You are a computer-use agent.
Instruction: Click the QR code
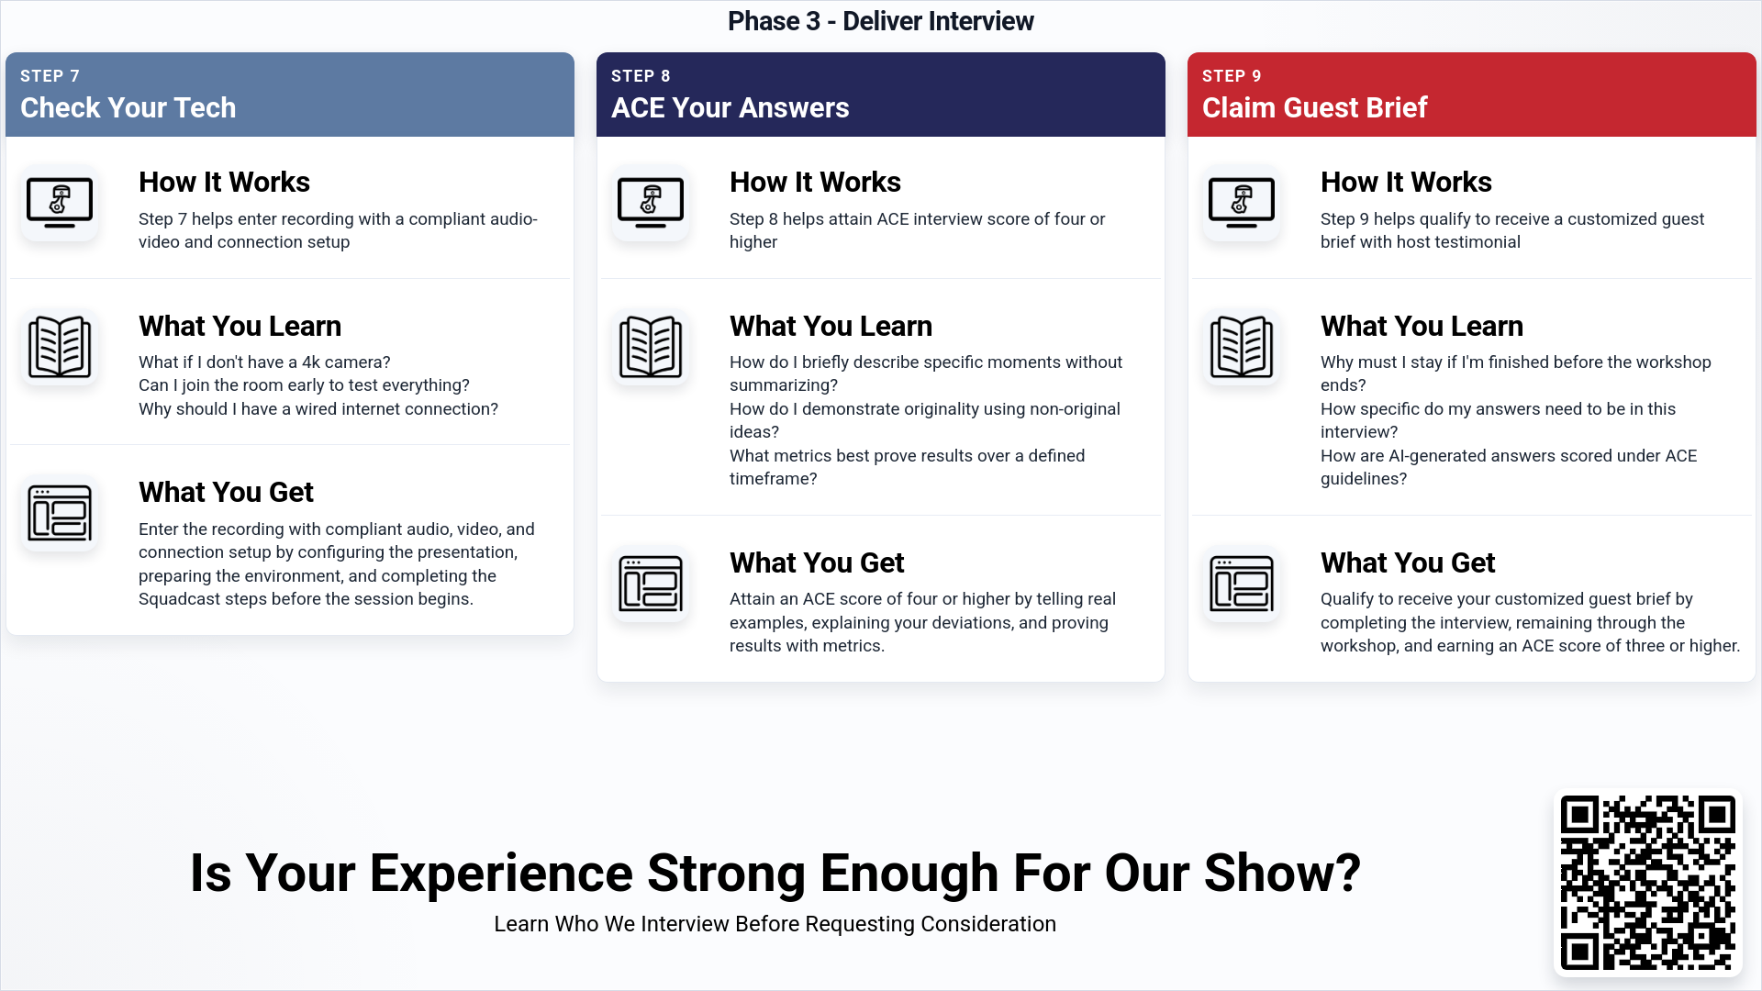(x=1648, y=883)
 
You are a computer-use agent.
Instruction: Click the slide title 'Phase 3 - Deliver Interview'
(x=881, y=21)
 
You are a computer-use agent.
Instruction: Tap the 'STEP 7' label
(x=50, y=76)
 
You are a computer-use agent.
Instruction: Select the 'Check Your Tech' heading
(x=128, y=107)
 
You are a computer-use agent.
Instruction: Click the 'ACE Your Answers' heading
(x=730, y=107)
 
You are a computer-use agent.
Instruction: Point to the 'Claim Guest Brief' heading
(x=1314, y=107)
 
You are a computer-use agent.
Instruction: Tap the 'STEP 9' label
(x=1232, y=76)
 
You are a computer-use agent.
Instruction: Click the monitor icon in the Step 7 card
(x=60, y=203)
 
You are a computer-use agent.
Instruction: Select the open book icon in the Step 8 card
(x=651, y=347)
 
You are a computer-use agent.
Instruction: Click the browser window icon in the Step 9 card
(x=1242, y=584)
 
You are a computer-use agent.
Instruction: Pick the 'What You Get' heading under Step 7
(x=226, y=492)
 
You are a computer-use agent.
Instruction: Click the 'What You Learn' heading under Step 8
(x=831, y=326)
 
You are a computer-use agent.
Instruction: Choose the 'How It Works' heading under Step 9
(x=1406, y=182)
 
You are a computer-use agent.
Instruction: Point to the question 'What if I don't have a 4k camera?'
(x=264, y=362)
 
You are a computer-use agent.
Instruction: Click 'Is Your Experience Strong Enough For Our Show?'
(x=775, y=873)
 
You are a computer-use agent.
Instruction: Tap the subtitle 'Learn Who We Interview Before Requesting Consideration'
(x=775, y=924)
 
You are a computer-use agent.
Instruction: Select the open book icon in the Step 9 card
(x=1242, y=347)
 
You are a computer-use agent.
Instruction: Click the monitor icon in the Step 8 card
(x=651, y=203)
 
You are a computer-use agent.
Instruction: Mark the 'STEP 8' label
(x=641, y=76)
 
